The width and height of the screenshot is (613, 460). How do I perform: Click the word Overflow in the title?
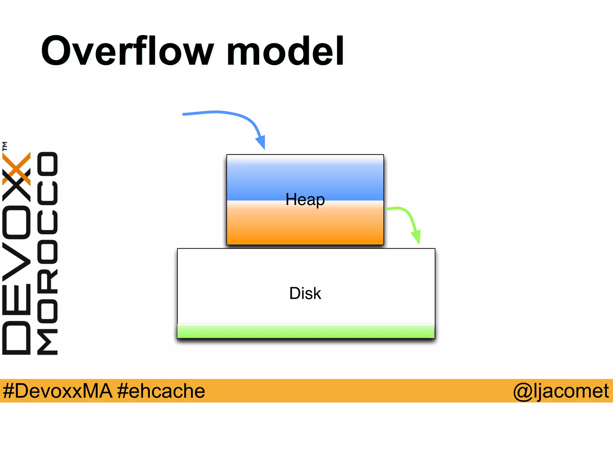(127, 51)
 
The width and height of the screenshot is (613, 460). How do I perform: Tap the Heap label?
(305, 199)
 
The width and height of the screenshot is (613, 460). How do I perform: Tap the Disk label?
(305, 293)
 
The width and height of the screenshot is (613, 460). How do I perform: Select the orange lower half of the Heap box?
(305, 228)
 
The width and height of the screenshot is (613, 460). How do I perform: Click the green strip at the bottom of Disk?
(305, 331)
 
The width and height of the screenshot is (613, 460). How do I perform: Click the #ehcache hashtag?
(161, 391)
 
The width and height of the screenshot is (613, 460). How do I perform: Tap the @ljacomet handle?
(561, 391)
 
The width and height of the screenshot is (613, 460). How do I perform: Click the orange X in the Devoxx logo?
(16, 168)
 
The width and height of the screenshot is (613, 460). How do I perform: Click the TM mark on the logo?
(5, 146)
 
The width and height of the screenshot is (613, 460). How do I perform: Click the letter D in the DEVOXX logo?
(16, 338)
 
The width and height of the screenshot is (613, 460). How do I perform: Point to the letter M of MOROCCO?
(47, 341)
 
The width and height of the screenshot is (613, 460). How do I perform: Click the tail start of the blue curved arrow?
(184, 114)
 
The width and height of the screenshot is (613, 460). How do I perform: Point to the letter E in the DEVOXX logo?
(16, 299)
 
